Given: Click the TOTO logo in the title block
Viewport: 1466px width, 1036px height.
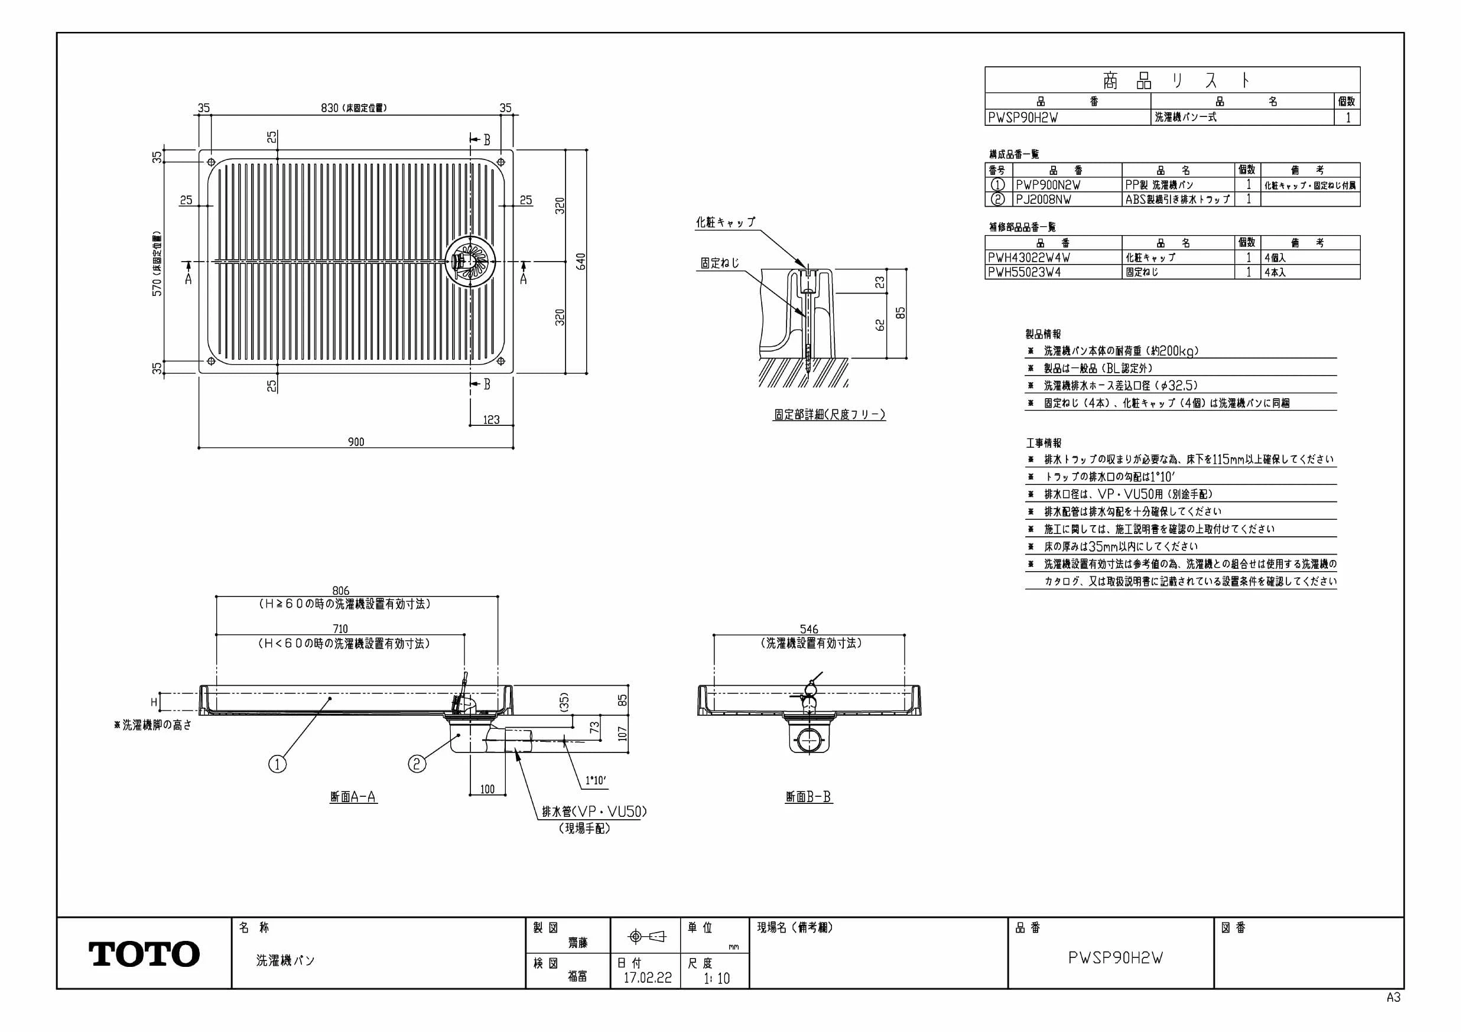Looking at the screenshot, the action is pyautogui.click(x=144, y=954).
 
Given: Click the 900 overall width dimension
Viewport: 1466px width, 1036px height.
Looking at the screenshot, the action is pyautogui.click(x=356, y=442).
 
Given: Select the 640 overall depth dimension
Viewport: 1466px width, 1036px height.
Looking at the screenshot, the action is pyautogui.click(x=580, y=261).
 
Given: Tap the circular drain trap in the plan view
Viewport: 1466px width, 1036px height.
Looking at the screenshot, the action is pyautogui.click(x=471, y=261).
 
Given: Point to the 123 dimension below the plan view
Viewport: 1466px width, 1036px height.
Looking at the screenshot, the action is pyautogui.click(x=491, y=419).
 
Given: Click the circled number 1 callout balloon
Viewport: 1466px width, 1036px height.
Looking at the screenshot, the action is pyautogui.click(x=277, y=764).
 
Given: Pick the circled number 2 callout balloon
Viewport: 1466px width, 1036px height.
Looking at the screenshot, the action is pyautogui.click(x=417, y=764).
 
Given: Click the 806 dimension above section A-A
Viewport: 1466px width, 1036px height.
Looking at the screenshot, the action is pyautogui.click(x=341, y=591).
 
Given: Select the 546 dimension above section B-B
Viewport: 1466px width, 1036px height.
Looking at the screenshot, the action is pyautogui.click(x=808, y=630).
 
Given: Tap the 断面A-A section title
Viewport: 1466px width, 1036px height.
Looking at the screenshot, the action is pyautogui.click(x=353, y=797).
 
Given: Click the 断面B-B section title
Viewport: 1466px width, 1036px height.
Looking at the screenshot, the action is pyautogui.click(x=808, y=797).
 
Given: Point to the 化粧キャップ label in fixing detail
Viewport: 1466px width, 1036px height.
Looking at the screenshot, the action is pyautogui.click(x=726, y=222).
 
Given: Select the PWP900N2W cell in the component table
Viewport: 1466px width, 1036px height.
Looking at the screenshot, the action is pyautogui.click(x=1048, y=184).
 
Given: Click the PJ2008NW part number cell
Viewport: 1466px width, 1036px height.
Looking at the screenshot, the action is pyautogui.click(x=1044, y=199).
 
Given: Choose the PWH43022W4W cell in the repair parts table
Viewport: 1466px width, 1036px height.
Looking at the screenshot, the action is pyautogui.click(x=1029, y=258).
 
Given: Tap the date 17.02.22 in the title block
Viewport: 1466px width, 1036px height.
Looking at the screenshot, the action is pyautogui.click(x=648, y=978).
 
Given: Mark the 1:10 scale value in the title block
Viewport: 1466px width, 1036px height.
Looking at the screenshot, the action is pyautogui.click(x=716, y=978).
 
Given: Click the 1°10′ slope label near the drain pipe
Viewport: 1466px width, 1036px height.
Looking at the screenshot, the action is pyautogui.click(x=596, y=780).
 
